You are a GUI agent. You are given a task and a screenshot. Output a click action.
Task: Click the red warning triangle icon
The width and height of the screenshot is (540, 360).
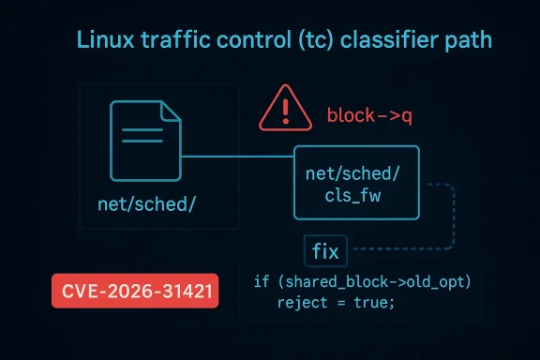click(285, 110)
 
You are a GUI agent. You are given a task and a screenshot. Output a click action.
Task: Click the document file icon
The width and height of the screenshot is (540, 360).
click(145, 140)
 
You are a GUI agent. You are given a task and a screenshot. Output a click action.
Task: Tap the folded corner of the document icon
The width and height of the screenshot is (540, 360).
click(170, 111)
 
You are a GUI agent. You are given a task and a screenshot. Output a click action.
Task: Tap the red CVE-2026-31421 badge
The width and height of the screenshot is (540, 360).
click(134, 292)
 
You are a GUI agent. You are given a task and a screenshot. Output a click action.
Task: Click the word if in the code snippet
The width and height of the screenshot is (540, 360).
click(262, 282)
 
